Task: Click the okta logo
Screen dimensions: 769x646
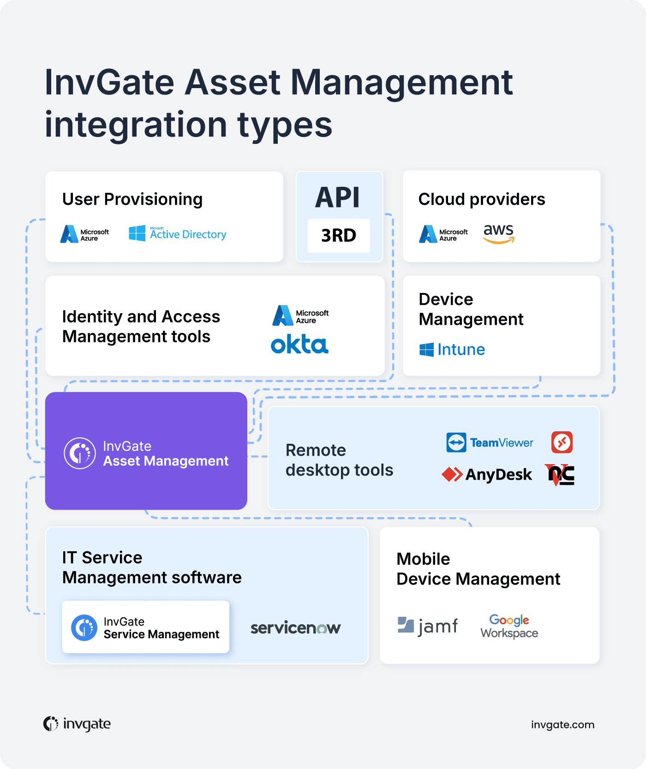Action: (x=299, y=344)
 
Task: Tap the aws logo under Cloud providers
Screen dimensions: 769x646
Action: (x=498, y=233)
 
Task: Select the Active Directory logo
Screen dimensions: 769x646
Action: (x=178, y=234)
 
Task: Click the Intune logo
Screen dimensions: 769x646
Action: (x=452, y=350)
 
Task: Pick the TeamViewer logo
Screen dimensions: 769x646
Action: (x=490, y=443)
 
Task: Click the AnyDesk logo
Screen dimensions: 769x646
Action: (x=487, y=474)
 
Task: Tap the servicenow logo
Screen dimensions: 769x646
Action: (x=295, y=628)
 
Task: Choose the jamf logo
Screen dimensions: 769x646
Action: (x=428, y=626)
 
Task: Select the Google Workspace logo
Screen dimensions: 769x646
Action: (x=509, y=626)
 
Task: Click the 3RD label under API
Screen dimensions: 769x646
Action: (x=339, y=236)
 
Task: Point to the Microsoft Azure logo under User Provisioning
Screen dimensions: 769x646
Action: (x=85, y=234)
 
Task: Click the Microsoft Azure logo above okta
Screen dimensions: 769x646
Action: (x=300, y=316)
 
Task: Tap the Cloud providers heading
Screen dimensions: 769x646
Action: (x=482, y=199)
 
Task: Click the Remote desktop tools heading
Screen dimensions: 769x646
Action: (x=339, y=460)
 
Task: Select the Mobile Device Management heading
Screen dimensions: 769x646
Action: (x=478, y=569)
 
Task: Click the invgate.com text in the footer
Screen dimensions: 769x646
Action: (x=562, y=725)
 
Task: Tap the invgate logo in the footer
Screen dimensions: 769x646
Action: (x=77, y=724)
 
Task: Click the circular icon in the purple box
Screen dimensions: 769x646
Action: (x=80, y=453)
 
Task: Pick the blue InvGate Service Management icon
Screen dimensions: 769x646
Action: (x=84, y=627)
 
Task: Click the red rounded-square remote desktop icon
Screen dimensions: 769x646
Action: (x=562, y=442)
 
